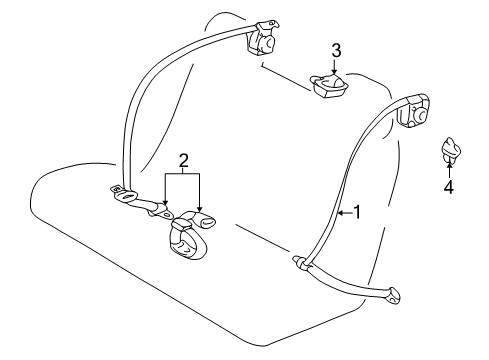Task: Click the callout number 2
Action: (183, 160)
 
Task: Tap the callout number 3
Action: (336, 50)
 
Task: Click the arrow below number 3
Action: (336, 66)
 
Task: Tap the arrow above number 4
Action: (448, 171)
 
